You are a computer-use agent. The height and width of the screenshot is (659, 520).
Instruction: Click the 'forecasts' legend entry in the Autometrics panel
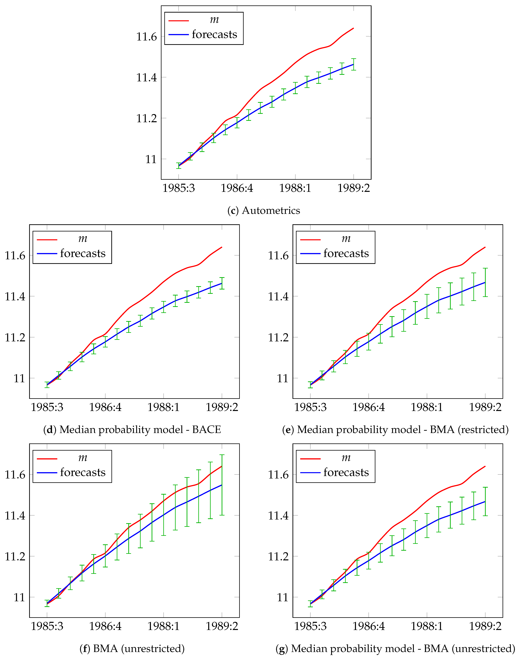(214, 34)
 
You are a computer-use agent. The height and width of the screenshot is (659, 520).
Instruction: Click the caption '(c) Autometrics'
(264, 210)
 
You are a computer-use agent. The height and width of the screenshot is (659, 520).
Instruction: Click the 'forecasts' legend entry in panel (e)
(346, 253)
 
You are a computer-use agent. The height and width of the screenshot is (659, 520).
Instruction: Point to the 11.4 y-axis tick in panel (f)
(15, 516)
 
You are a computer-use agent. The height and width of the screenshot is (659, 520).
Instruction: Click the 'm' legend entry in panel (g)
(346, 458)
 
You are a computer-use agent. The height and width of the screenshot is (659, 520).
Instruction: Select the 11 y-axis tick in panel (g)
(282, 598)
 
